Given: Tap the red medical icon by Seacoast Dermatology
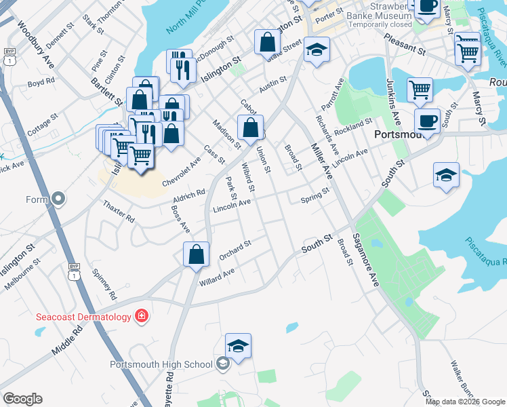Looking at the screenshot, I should (141, 315).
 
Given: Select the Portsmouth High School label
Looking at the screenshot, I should (161, 364).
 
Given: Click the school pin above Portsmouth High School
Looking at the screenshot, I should (238, 346).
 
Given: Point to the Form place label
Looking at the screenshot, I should (36, 199).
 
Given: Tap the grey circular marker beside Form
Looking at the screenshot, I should (58, 199).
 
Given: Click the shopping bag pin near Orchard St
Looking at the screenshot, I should (196, 255).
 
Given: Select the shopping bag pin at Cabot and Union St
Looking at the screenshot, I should (250, 128).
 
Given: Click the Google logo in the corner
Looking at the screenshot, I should (22, 399).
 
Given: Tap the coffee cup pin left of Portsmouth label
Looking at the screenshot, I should (426, 122).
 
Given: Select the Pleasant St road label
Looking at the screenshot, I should (404, 45).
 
